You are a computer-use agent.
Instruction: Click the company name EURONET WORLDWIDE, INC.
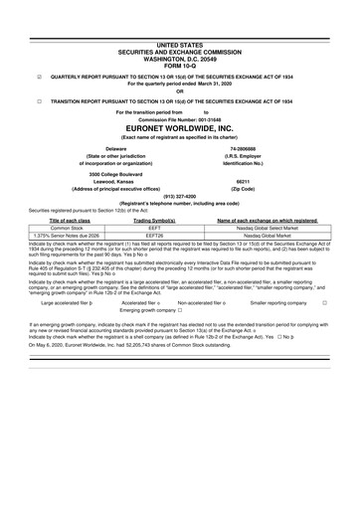coord(179,128)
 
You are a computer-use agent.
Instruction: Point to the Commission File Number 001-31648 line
coord(179,120)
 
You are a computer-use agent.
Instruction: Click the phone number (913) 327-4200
coord(179,196)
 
